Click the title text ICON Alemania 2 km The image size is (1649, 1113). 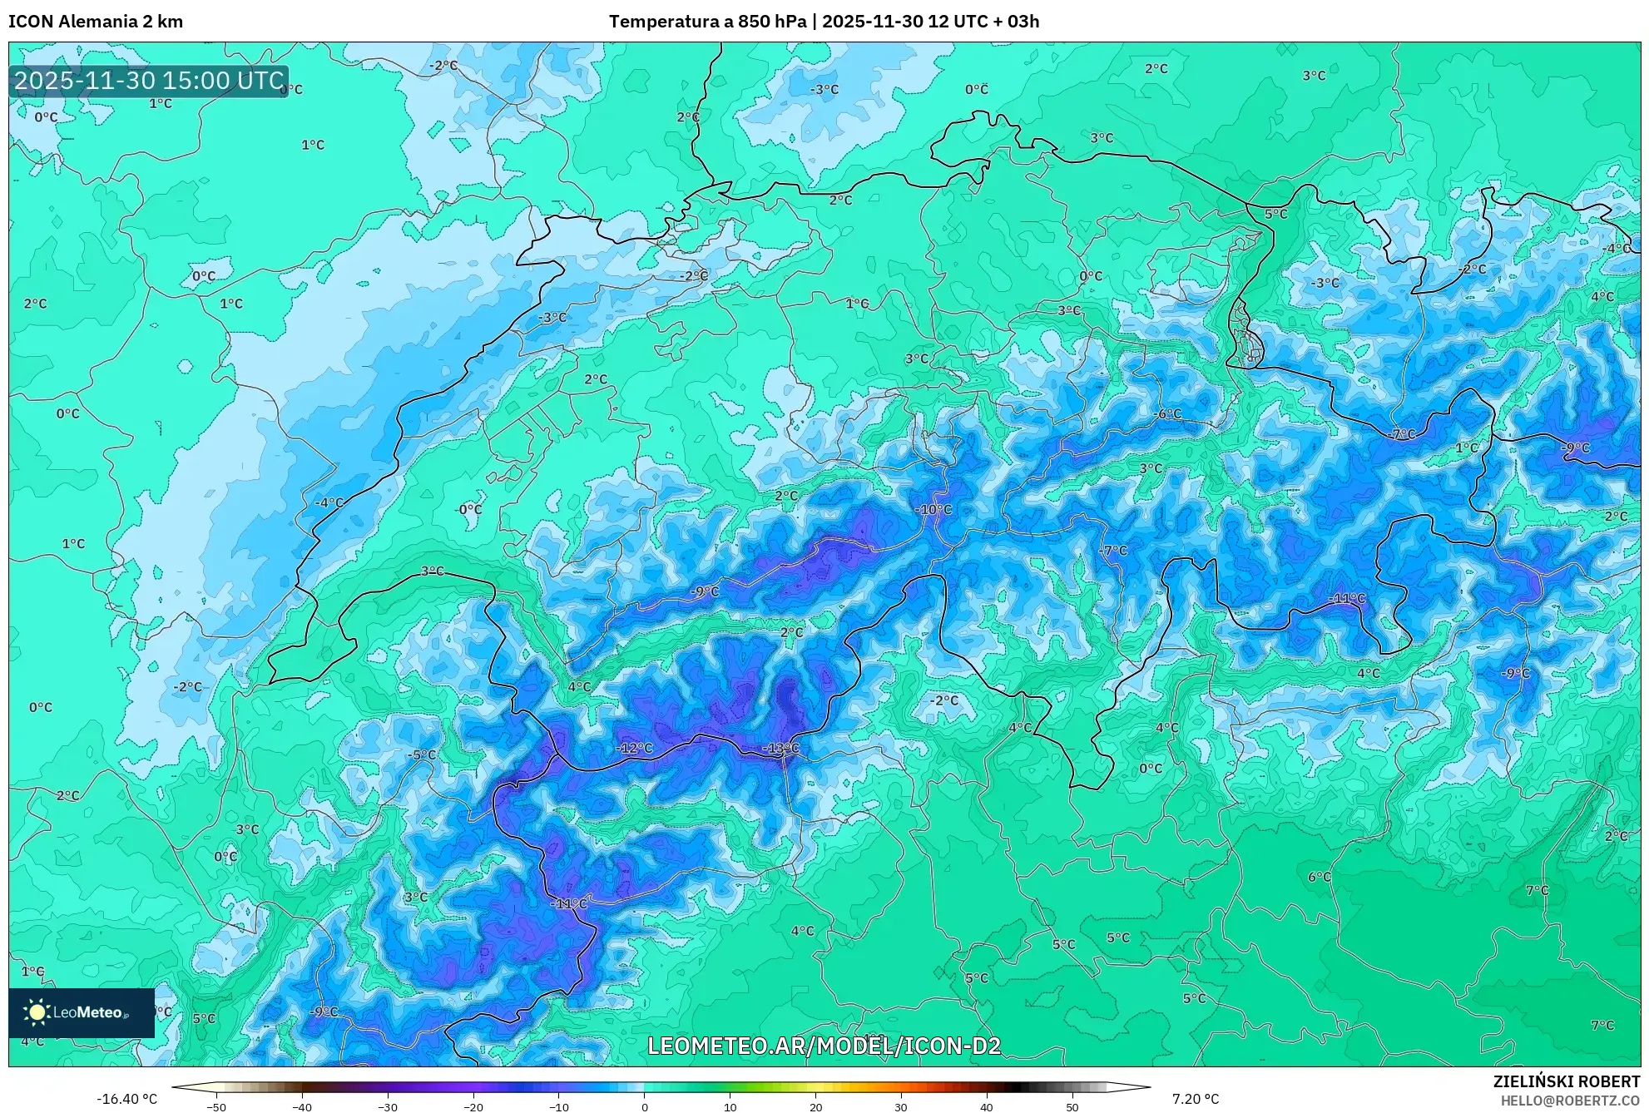96,22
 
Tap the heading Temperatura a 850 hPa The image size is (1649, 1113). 707,22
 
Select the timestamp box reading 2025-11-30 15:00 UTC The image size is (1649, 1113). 149,81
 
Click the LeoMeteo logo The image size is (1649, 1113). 81,1012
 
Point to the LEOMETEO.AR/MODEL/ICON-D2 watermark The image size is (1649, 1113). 824,1046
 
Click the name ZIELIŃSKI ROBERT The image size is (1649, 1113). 1566,1081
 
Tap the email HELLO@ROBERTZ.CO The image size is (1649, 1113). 1570,1101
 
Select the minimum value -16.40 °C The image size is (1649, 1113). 126,1099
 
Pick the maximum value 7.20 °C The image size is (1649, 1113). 1196,1099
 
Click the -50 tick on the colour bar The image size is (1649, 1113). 215,1106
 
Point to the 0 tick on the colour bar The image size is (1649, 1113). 644,1106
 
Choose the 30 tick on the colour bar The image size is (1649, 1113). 901,1106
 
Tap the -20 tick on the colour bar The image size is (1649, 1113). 473,1106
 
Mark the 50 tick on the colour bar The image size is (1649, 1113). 1072,1106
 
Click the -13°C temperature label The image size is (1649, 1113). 780,749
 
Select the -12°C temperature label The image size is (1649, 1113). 634,749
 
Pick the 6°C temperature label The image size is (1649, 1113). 1319,877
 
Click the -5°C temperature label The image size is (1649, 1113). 422,755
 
